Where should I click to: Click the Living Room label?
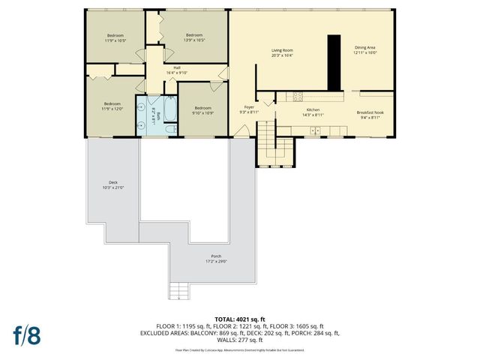[x=282, y=50]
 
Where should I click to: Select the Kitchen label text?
[x=312, y=112]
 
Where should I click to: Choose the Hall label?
[x=177, y=68]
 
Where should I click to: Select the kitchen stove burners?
[x=298, y=95]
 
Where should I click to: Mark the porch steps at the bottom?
[x=178, y=289]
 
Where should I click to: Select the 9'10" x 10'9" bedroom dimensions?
[x=203, y=114]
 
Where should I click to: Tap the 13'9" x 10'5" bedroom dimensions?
[x=195, y=40]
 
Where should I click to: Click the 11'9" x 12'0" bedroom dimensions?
[x=112, y=108]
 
